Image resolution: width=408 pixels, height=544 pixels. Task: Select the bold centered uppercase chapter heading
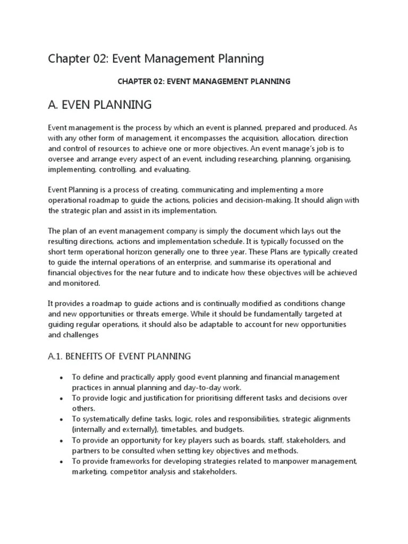pos(203,81)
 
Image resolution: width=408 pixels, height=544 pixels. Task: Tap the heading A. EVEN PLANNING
pos(100,105)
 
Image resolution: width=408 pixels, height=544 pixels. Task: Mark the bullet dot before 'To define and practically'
pos(62,378)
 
